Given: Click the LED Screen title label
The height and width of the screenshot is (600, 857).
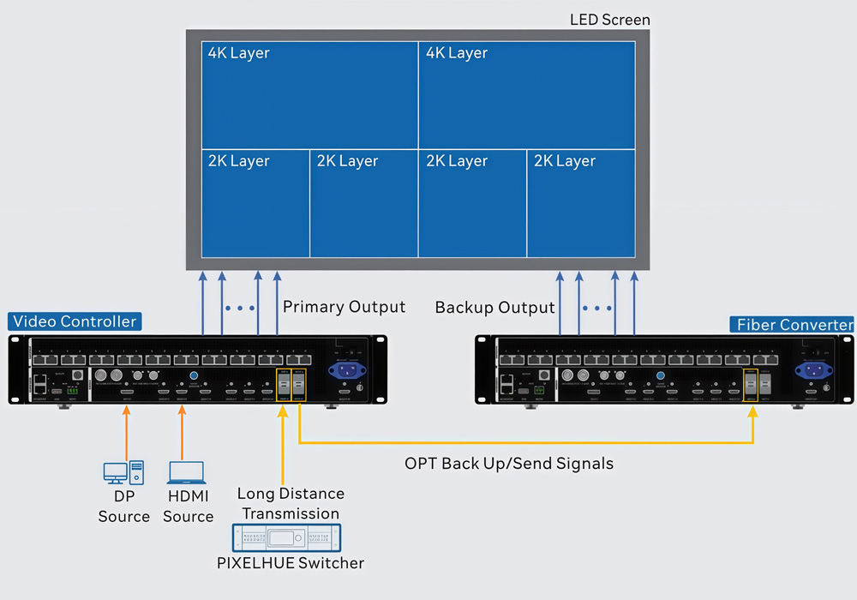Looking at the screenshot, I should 610,19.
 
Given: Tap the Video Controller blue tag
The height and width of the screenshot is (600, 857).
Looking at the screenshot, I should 74,322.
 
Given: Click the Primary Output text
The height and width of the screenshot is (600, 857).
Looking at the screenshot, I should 344,307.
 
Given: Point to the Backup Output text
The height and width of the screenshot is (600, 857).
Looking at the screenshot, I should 494,307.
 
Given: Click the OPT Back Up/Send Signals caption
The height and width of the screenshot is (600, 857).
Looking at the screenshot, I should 509,464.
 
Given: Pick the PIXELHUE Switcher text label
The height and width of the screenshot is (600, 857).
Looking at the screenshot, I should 291,563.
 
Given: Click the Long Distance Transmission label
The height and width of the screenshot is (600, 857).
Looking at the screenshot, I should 291,503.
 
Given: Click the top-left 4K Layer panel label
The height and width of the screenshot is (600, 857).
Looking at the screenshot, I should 238,53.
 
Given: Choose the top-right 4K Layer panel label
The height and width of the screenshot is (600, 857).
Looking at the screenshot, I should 456,53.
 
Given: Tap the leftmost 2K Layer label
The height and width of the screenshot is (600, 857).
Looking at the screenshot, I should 238,161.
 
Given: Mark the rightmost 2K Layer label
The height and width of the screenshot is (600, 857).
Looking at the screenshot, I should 564,161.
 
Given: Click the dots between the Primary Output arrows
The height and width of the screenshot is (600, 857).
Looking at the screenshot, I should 240,307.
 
